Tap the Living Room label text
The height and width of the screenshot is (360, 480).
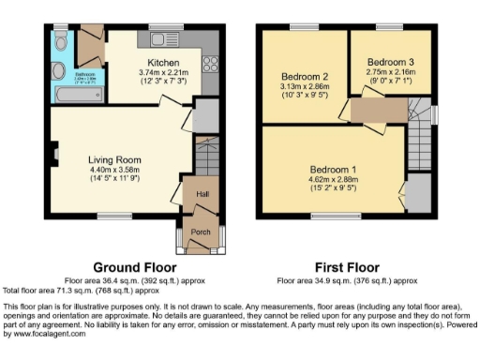tap(113, 159)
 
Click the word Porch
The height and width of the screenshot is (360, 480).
tap(201, 232)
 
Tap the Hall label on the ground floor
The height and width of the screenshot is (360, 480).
tap(201, 195)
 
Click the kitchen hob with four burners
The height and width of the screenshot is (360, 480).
tap(209, 66)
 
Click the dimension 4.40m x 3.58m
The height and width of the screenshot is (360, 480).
tap(113, 170)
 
